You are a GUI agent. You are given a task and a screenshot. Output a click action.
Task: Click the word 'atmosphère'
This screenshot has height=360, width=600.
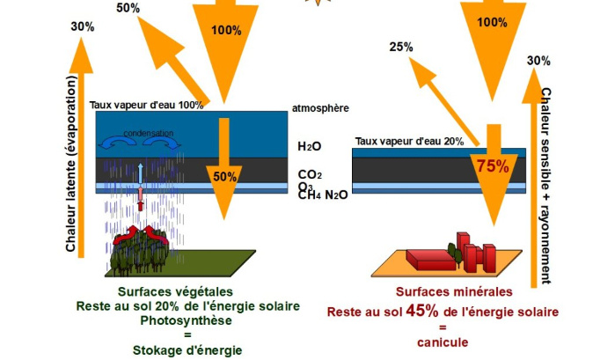(320, 108)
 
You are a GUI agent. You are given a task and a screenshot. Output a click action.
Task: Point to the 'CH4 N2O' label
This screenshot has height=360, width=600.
(323, 195)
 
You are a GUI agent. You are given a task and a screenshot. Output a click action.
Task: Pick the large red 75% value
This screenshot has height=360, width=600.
(493, 166)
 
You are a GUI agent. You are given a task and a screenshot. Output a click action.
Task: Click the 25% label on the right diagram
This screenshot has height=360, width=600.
(401, 47)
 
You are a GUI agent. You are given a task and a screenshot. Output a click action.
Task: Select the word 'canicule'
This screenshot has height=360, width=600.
(443, 342)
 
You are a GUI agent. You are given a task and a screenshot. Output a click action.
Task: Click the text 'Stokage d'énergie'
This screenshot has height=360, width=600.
(187, 349)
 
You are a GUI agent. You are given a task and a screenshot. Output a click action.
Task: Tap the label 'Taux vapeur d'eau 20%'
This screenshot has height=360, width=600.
(409, 141)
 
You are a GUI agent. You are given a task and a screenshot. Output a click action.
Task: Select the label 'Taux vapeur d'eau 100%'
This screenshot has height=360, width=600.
(146, 105)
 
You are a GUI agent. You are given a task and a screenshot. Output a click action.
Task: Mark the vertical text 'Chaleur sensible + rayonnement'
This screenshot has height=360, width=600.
(545, 185)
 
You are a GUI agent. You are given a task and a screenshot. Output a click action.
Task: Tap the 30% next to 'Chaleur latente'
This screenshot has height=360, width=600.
(82, 26)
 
